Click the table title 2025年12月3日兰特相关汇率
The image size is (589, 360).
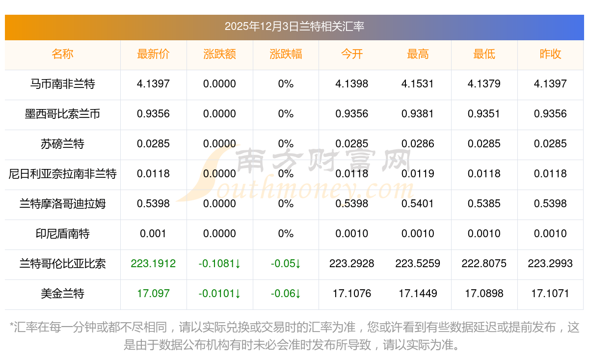coord(294,27)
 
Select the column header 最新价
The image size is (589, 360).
coord(153,55)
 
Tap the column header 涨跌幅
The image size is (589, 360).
coord(286,55)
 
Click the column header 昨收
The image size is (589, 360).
coord(550,55)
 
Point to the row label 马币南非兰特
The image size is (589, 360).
coord(62,84)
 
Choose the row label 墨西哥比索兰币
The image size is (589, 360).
coord(62,114)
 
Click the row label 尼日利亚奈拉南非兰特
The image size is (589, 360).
coord(62,174)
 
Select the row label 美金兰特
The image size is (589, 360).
coord(62,294)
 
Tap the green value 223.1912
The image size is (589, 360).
coord(153,264)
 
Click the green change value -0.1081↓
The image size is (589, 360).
coord(219,264)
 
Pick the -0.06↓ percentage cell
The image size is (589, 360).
coord(286,294)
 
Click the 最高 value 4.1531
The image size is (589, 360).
coord(418,84)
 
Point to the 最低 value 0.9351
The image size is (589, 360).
coord(484,114)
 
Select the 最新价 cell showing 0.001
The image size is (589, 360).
coord(153,234)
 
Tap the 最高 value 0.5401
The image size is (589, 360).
coord(418,204)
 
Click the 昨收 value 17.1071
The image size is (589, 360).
coord(550,294)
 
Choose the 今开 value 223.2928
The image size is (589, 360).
coord(352,264)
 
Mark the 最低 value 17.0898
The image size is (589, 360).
coord(484,294)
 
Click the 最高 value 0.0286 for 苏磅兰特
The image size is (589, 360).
coord(418,144)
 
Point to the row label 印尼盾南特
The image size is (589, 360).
coord(62,234)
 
